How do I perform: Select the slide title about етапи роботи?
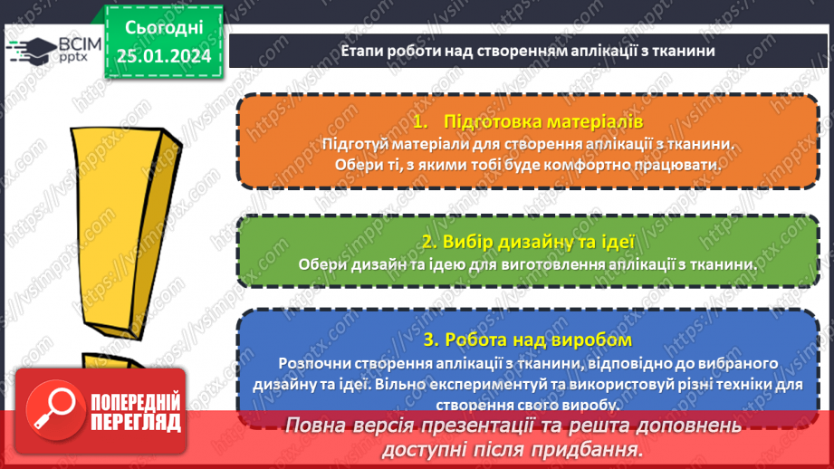529,52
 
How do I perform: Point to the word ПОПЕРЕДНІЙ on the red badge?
136,401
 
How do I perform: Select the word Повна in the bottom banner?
312,425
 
